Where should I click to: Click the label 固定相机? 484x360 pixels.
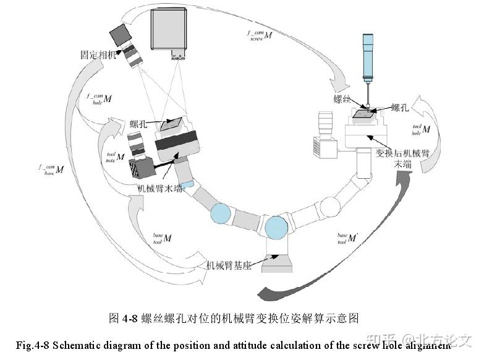pos(99,56)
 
